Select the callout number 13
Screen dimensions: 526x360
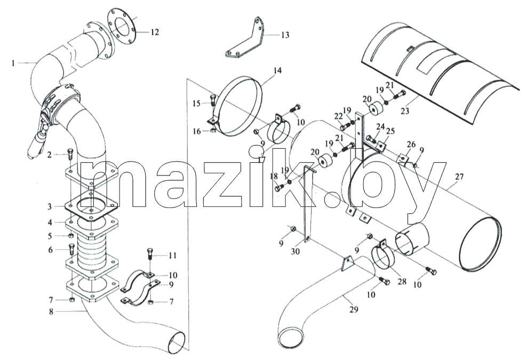(x=285, y=35)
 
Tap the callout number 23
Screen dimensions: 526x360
(x=405, y=110)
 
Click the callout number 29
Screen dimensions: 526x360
(x=354, y=309)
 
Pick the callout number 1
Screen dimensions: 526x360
(x=13, y=63)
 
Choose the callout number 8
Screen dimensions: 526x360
(x=51, y=311)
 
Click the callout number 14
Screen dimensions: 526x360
(x=277, y=70)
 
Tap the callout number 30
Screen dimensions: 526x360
(x=295, y=251)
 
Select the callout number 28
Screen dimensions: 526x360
(x=402, y=281)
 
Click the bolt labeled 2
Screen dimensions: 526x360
(x=70, y=155)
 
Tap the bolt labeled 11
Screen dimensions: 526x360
(x=149, y=255)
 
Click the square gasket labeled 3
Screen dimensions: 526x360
(x=91, y=207)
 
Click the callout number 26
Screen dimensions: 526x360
(x=411, y=145)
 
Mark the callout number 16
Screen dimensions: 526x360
(x=197, y=131)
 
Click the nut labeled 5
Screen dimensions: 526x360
(x=71, y=236)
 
